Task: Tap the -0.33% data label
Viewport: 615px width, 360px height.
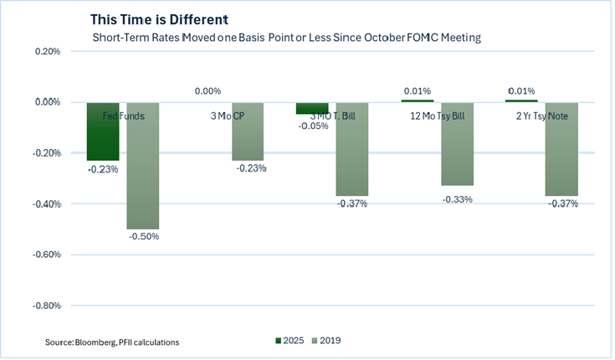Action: pos(458,199)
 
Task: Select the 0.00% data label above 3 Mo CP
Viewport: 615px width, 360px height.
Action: pos(208,91)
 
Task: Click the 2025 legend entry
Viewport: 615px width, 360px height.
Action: pos(290,341)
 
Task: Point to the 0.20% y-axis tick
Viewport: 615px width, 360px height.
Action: pos(47,52)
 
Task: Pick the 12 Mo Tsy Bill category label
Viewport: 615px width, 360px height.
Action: pos(438,116)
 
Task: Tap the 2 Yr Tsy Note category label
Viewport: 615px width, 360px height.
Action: pos(543,116)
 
